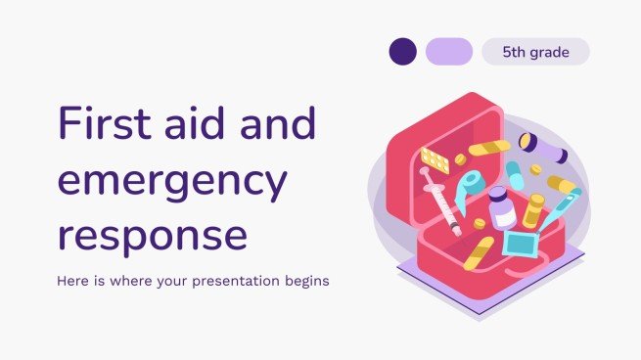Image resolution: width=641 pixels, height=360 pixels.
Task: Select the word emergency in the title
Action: [172, 181]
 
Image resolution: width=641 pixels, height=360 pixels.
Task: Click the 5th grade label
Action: [534, 52]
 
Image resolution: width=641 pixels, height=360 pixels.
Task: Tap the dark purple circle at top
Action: [402, 52]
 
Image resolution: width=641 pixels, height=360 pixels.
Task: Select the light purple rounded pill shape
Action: [448, 52]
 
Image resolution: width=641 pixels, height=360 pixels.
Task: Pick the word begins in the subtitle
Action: [302, 282]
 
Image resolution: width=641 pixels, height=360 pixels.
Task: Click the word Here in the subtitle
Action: [77, 282]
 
